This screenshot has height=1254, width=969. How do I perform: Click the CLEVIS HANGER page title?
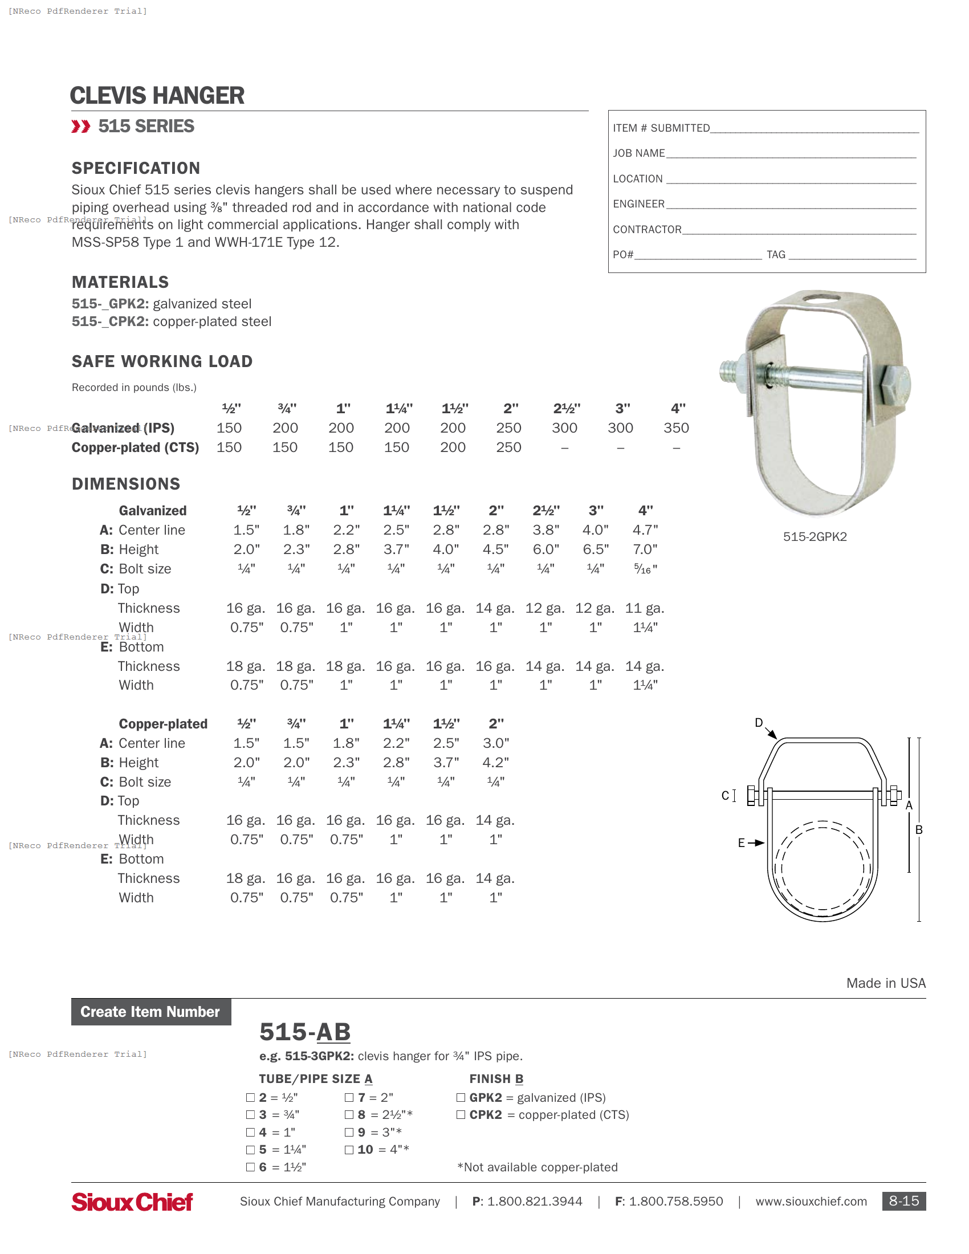[157, 95]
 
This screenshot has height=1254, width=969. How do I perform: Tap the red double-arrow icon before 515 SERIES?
[80, 127]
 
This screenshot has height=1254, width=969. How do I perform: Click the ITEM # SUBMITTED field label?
[661, 128]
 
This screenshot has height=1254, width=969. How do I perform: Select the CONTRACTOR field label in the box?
[647, 229]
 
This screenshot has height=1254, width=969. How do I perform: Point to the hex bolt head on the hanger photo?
[894, 386]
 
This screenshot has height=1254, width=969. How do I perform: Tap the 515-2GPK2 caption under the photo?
[815, 536]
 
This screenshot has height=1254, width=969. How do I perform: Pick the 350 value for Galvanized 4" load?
[676, 427]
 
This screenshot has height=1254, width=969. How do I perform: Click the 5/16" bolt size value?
[645, 568]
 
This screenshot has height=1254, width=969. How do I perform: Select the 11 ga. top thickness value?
[645, 608]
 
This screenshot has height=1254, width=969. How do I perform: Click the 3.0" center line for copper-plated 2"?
[496, 743]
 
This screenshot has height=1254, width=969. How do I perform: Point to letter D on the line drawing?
[758, 722]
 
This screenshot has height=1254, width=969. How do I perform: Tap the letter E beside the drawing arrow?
[741, 843]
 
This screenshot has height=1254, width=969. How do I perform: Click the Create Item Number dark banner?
[151, 1012]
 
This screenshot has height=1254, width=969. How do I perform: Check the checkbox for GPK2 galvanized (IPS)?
[461, 1097]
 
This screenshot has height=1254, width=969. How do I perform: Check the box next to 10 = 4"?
[349, 1150]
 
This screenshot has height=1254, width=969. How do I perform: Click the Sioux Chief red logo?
[132, 1202]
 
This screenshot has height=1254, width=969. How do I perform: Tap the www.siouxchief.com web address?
[811, 1201]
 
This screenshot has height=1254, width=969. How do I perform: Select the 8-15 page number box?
[903, 1201]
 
